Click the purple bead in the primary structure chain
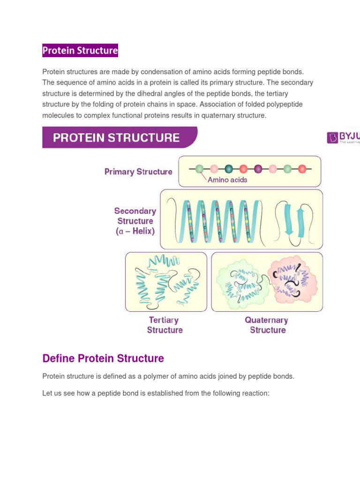pos(258,169)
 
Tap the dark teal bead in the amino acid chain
pos(229,169)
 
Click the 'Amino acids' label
pos(227,180)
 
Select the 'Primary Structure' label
pos(138,172)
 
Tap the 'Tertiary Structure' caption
pos(165,325)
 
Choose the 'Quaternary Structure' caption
pos(267,325)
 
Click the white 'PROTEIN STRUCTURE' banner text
pos(116,137)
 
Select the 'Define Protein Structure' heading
pos(103,359)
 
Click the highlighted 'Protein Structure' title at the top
pos(80,50)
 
